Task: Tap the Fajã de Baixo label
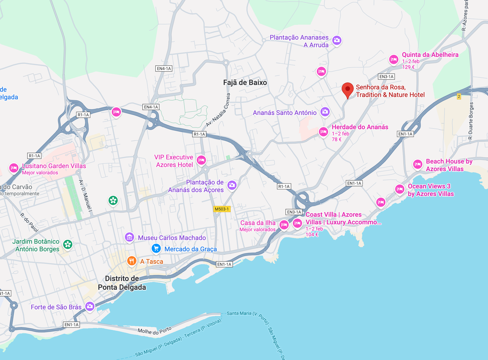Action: coord(245,82)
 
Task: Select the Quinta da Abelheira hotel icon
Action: coord(393,59)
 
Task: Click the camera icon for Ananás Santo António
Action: coord(325,111)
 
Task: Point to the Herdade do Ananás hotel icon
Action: coord(323,131)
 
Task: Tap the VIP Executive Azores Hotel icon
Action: coord(201,160)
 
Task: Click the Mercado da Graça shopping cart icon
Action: coord(156,248)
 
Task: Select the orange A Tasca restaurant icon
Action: coord(131,260)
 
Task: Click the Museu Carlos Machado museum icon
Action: coord(129,236)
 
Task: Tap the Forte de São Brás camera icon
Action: coord(89,306)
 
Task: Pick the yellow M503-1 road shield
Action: coord(222,209)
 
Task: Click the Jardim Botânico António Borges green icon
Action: coord(68,244)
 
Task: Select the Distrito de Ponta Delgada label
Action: coord(122,283)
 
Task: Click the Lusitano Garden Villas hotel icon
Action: coord(13,167)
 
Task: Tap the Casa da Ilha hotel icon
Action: coord(283,224)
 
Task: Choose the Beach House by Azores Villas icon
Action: coord(418,164)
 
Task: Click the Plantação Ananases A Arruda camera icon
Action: coord(336,40)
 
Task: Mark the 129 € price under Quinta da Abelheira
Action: coord(408,67)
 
